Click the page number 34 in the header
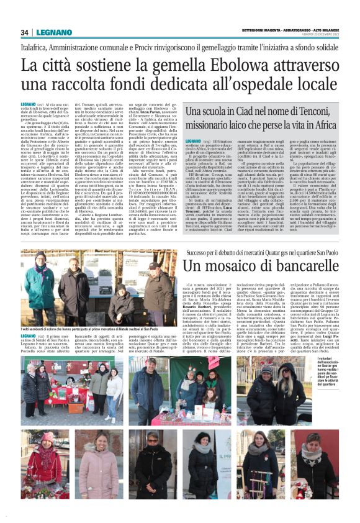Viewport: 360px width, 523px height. point(25,32)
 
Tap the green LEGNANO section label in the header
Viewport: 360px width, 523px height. point(54,32)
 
